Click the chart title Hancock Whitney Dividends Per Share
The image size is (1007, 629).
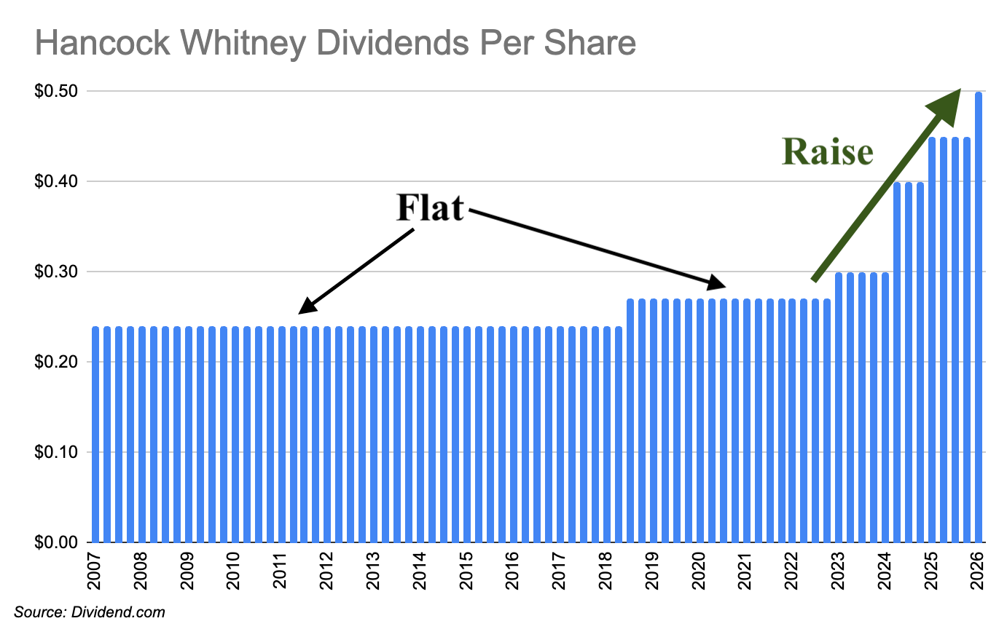[335, 44]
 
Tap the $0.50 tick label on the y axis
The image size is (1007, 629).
[58, 91]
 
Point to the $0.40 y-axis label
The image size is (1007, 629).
[58, 181]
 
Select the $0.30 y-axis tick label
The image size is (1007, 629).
[58, 272]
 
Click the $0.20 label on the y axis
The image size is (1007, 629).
[58, 362]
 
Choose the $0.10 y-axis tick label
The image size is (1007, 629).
[58, 452]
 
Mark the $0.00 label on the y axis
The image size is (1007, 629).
[58, 542]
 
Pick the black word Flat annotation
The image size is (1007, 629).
[430, 208]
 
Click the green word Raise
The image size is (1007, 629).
[827, 153]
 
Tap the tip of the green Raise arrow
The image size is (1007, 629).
[957, 92]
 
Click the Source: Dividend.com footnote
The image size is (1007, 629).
[90, 612]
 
